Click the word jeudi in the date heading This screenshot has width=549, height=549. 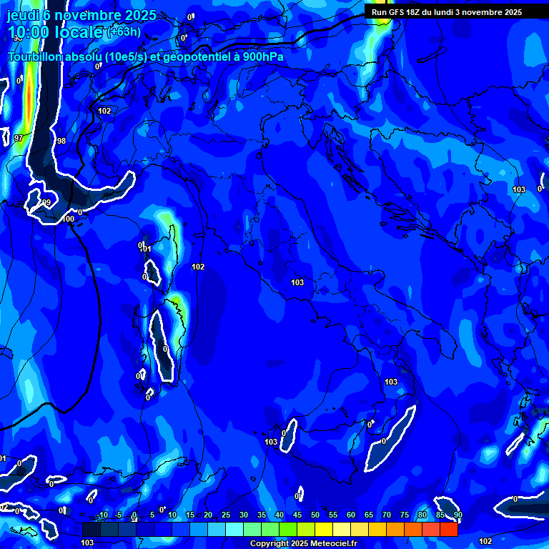coord(23,16)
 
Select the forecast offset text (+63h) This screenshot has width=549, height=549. coord(124,32)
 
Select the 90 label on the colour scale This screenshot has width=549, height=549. coord(457,515)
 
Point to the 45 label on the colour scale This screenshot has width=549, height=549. coord(297,515)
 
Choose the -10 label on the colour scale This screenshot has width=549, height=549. coord(102,515)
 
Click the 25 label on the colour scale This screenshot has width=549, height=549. coord(225,515)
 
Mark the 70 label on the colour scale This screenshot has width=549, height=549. coord(386,515)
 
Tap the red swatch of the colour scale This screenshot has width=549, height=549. coord(448,529)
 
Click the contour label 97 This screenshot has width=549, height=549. coord(19,138)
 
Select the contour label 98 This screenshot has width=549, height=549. coord(61,141)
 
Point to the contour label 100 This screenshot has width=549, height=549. coord(68,219)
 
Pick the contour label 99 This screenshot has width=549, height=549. coord(46,203)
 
